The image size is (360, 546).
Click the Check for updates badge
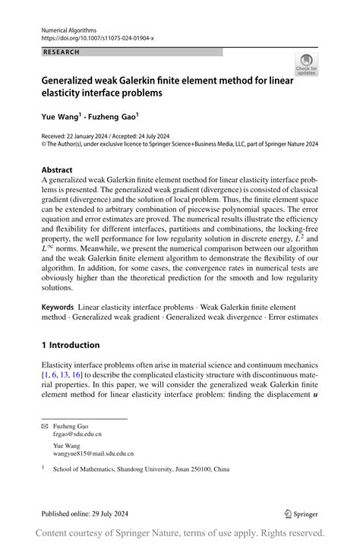click(307, 64)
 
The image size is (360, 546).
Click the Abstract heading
click(58, 170)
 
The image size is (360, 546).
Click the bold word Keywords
click(58, 306)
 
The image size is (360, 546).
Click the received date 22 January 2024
click(96, 134)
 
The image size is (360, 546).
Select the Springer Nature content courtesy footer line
click(180, 533)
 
